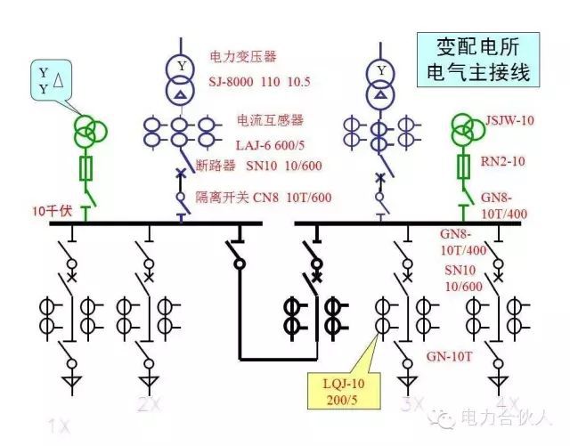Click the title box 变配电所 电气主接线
478,59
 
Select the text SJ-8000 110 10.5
260,81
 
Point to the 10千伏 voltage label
52,211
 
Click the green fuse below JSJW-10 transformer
463,166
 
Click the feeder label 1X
59,427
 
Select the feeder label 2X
149,405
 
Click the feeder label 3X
412,405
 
